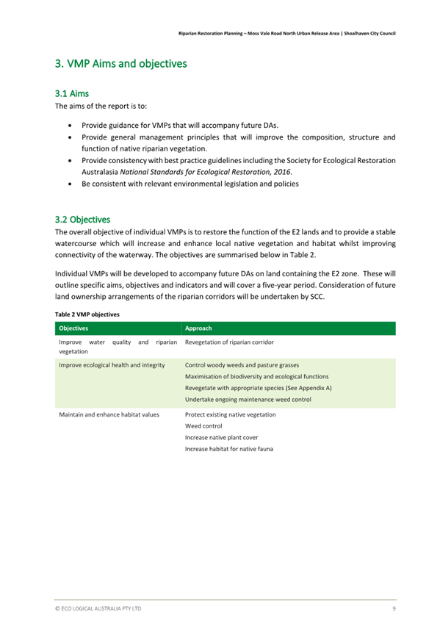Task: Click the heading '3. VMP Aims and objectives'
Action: coord(120,64)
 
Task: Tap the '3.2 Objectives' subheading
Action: coord(82,220)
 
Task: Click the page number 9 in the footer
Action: coord(394,609)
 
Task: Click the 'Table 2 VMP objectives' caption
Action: coord(87,314)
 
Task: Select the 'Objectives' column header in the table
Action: coord(74,328)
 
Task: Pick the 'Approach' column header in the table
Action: coord(201,328)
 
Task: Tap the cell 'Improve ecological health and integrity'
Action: coord(112,365)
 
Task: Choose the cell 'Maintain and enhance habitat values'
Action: coord(109,414)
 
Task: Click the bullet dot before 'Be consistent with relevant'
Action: coord(69,184)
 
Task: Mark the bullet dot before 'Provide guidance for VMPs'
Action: coord(69,126)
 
